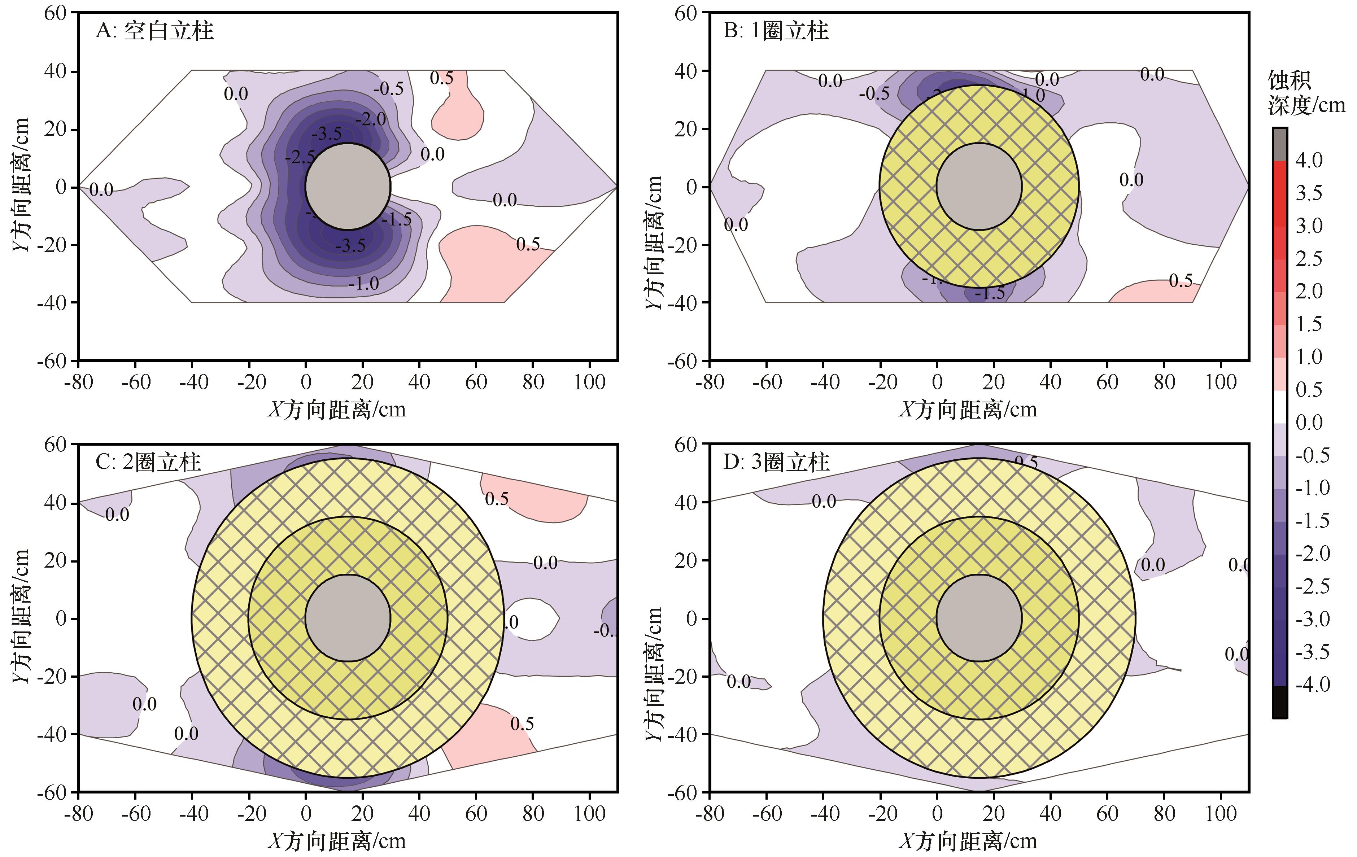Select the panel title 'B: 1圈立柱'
(776, 30)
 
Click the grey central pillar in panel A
(348, 187)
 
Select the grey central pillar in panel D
(979, 618)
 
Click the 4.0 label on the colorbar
(1309, 160)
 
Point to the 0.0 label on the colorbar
(1309, 423)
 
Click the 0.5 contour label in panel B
(1181, 281)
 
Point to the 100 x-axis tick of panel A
(589, 382)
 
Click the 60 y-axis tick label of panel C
(55, 445)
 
